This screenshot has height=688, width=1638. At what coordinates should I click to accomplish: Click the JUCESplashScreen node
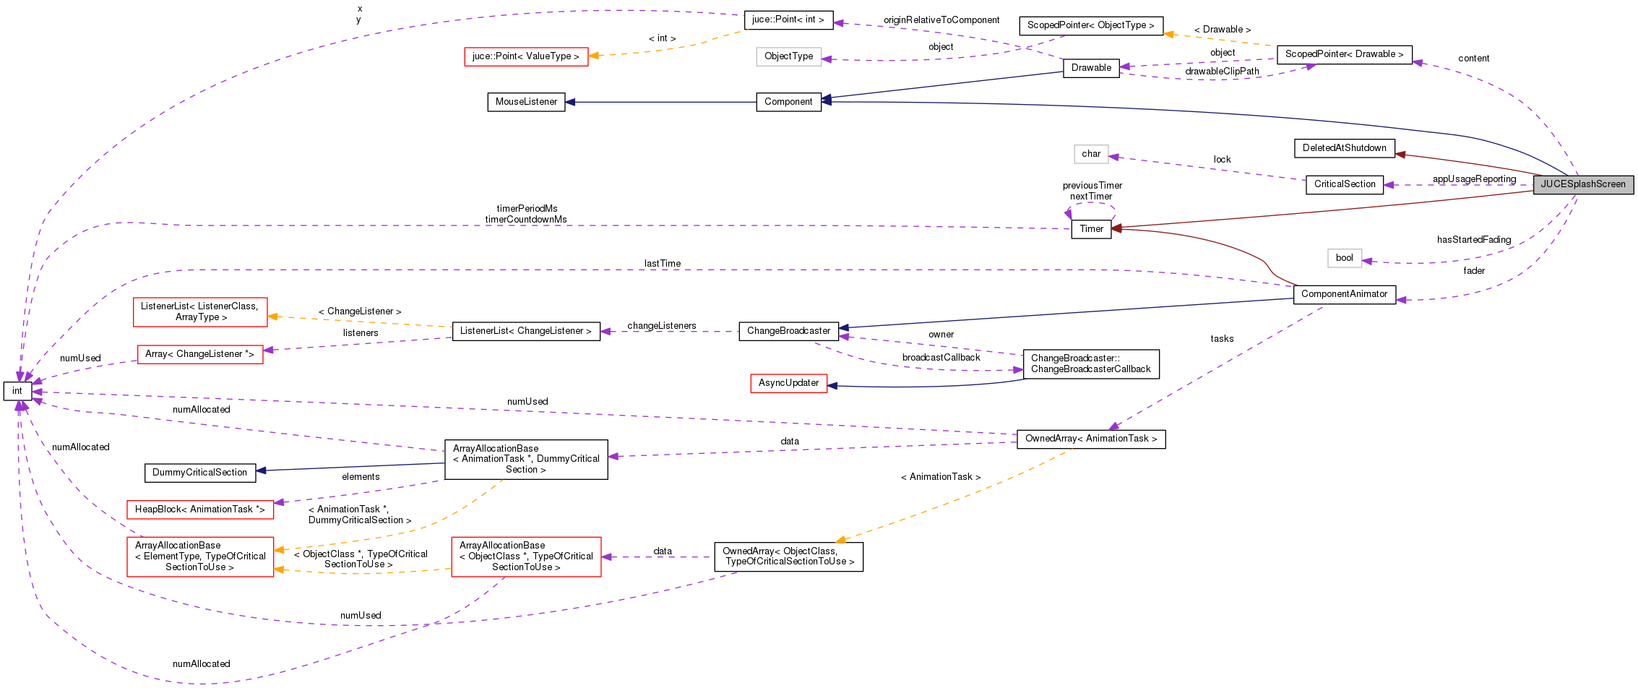click(x=1582, y=184)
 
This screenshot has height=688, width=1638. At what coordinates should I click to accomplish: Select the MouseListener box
click(x=526, y=102)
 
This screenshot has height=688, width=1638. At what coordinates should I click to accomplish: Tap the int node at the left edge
click(x=17, y=391)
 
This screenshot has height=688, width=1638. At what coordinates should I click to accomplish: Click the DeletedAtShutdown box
click(x=1344, y=148)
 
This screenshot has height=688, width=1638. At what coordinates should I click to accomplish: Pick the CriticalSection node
click(x=1344, y=185)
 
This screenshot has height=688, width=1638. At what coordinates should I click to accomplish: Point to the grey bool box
click(x=1344, y=258)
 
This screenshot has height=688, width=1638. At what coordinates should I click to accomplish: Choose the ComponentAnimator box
click(x=1344, y=294)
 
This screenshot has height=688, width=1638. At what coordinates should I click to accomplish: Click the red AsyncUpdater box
click(x=788, y=383)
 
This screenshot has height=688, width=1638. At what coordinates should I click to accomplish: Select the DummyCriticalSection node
click(x=199, y=473)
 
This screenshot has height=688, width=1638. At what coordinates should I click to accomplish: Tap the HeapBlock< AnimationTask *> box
click(x=199, y=509)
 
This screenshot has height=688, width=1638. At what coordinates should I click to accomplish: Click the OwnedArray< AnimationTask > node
click(x=1090, y=439)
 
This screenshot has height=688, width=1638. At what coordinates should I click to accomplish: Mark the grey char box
click(x=1090, y=154)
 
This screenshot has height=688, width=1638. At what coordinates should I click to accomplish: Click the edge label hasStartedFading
click(x=1473, y=240)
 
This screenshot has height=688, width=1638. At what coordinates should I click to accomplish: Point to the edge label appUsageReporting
click(x=1474, y=179)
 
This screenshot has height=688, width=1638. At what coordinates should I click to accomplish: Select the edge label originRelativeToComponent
click(x=941, y=20)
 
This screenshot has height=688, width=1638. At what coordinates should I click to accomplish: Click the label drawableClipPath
click(x=1221, y=72)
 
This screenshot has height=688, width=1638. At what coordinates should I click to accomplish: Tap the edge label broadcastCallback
click(x=941, y=358)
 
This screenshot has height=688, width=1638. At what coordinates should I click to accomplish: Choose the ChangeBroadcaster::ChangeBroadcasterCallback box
click(x=1090, y=364)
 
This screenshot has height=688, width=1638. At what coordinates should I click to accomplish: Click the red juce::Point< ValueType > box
click(x=525, y=56)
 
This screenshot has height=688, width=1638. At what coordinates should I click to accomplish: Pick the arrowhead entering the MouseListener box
click(x=571, y=102)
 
